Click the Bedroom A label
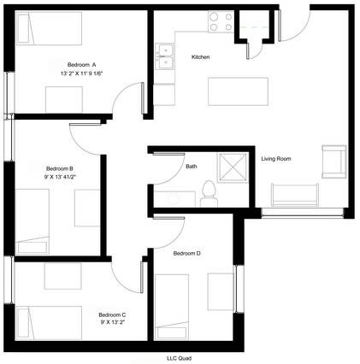(x=81, y=65)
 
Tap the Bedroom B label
(x=60, y=168)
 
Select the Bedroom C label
(x=112, y=314)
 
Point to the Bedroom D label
(x=187, y=253)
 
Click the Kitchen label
(x=200, y=57)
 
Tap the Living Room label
(x=276, y=159)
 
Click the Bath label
(x=191, y=166)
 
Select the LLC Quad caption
(x=179, y=358)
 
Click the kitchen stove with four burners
(x=221, y=21)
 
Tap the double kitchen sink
(x=164, y=56)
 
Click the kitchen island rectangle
(x=238, y=91)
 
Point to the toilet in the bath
(x=209, y=194)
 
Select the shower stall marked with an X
(x=233, y=167)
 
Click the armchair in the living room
(x=334, y=161)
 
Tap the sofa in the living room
(x=295, y=195)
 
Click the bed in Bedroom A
(x=49, y=28)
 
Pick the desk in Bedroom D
(x=221, y=291)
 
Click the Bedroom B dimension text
(x=60, y=177)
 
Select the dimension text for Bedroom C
(x=113, y=322)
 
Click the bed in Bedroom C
(x=49, y=323)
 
